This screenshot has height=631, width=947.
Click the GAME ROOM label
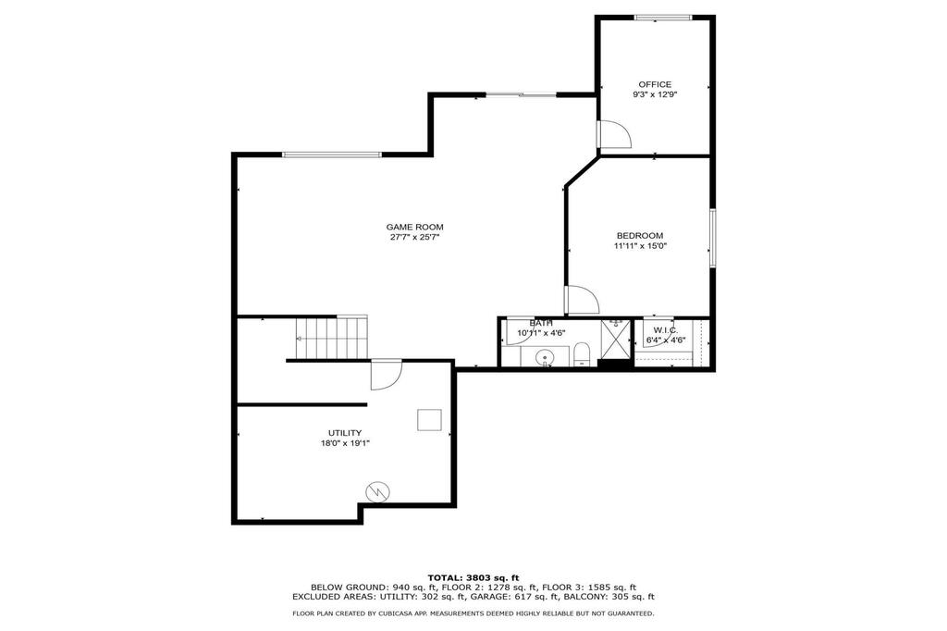(414, 228)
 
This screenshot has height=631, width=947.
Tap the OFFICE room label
(655, 84)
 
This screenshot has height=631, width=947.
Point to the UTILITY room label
(345, 433)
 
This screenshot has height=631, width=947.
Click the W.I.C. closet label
(666, 330)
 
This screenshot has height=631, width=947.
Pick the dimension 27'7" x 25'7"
(414, 238)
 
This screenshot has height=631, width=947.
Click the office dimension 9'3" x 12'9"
(655, 95)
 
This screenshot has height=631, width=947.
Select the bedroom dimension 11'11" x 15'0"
(640, 246)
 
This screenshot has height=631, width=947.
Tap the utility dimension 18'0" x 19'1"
(345, 443)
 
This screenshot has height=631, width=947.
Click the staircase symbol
(332, 339)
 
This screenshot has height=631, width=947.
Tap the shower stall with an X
(615, 340)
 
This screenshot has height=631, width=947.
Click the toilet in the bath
(581, 354)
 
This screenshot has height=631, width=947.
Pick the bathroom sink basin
(546, 358)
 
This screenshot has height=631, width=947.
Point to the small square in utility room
(429, 420)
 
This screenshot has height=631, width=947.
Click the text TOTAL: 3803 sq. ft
(473, 578)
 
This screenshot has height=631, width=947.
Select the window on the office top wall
(662, 18)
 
